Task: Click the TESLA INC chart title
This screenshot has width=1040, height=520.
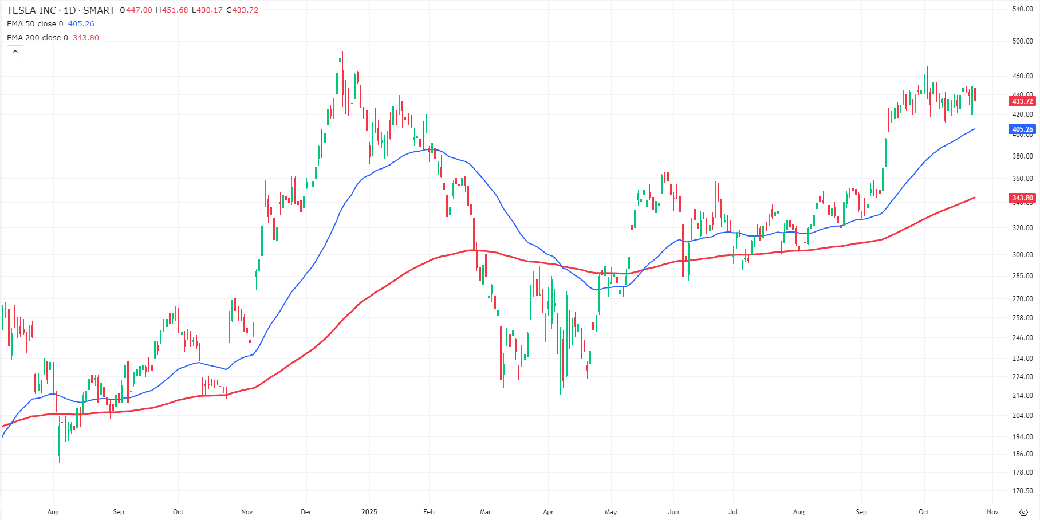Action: click(61, 10)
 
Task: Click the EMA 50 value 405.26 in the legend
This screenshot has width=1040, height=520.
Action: click(81, 24)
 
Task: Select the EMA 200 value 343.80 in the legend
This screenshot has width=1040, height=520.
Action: click(85, 38)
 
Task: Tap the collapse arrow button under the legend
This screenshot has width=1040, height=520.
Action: click(15, 52)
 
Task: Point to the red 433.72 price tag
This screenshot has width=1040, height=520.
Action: click(1022, 101)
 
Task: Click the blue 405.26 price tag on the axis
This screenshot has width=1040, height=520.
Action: click(1022, 129)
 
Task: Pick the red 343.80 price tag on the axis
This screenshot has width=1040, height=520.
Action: click(1022, 198)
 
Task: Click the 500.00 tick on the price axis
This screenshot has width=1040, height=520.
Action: click(1022, 41)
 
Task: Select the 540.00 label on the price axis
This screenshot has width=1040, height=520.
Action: click(1022, 9)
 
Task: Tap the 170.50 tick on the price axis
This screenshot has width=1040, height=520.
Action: click(1022, 491)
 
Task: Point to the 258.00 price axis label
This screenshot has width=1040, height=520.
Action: click(1022, 318)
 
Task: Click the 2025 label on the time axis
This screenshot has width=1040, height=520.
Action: click(369, 512)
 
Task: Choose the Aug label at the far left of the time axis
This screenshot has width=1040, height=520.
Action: click(53, 512)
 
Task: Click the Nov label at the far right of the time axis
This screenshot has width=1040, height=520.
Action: click(992, 512)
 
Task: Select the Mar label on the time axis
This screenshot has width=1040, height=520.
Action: click(486, 512)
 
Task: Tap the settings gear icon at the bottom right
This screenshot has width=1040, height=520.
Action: click(1023, 512)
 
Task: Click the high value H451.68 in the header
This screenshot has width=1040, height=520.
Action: click(172, 10)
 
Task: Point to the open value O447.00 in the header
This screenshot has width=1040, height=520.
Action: click(136, 10)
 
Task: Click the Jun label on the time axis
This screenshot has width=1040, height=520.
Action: click(673, 512)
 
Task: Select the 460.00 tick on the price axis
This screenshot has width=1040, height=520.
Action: click(1022, 76)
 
